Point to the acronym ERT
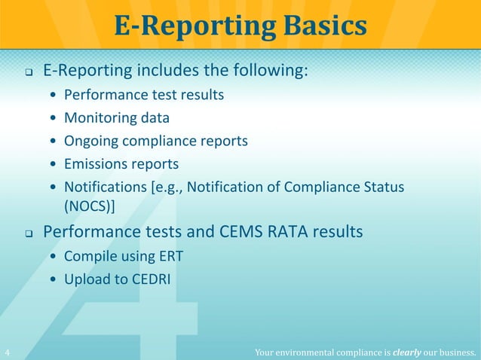click(170, 257)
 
